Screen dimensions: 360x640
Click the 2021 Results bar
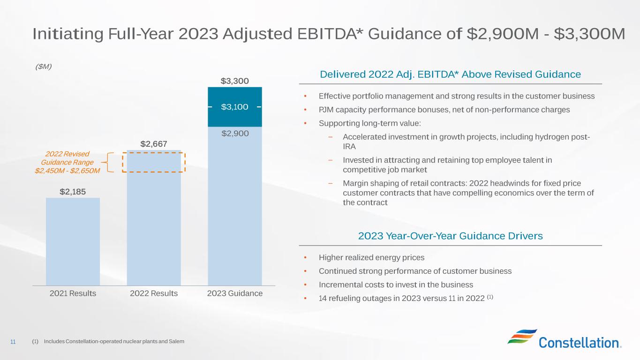[x=73, y=241]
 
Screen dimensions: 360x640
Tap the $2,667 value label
[x=154, y=143]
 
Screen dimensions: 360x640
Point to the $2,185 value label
[x=73, y=191]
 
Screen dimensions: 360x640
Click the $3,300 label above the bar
[x=234, y=81]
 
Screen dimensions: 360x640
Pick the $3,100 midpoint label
[x=234, y=107]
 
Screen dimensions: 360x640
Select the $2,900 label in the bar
[x=234, y=134]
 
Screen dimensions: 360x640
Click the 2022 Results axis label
[x=154, y=293]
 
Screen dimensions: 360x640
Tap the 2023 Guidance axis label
[x=234, y=293]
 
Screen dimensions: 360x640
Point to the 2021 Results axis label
[x=73, y=293]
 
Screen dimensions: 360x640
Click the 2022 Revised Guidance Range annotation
[x=68, y=162]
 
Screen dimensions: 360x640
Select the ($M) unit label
[x=44, y=67]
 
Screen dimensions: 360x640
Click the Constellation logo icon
[x=522, y=337]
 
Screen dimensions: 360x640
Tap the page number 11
[x=13, y=342]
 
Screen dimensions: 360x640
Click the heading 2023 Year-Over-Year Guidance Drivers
[x=450, y=236]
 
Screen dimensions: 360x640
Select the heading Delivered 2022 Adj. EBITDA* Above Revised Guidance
[x=450, y=74]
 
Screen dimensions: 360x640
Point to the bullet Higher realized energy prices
[x=371, y=257]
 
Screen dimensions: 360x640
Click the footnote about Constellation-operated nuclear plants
[x=113, y=342]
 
